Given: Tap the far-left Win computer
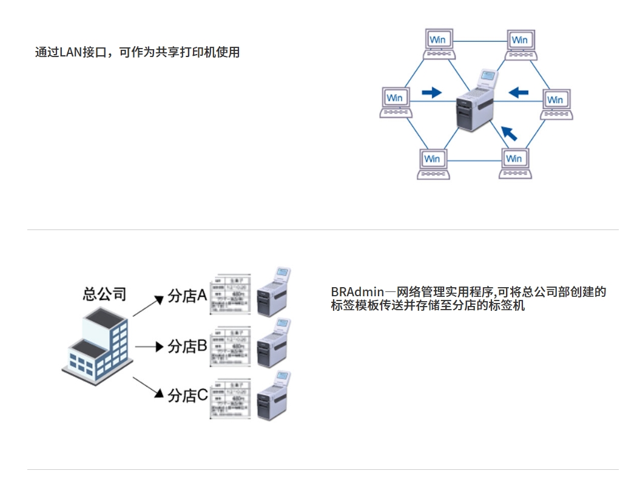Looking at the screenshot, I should (x=396, y=102).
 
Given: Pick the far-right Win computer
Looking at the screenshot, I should (x=556, y=104).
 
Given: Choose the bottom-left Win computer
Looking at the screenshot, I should (x=433, y=162).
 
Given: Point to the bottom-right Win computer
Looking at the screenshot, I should (x=514, y=162).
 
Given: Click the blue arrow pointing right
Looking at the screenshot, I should (x=431, y=92).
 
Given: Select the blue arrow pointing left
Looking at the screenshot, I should (x=519, y=92).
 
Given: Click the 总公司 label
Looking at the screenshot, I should (x=104, y=294).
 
